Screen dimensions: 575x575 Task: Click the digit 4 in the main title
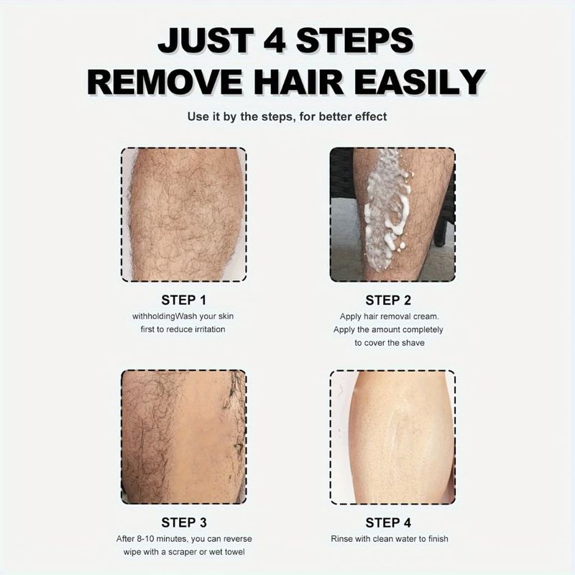pyautogui.click(x=275, y=40)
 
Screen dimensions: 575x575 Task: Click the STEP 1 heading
pyautogui.click(x=184, y=300)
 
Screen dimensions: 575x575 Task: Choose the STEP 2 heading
pyautogui.click(x=388, y=300)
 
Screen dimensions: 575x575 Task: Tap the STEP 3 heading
pyautogui.click(x=184, y=523)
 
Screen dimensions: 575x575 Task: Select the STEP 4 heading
pyautogui.click(x=388, y=523)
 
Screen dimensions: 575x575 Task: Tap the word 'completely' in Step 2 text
pyautogui.click(x=423, y=330)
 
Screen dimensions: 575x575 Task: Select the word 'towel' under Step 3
pyautogui.click(x=235, y=552)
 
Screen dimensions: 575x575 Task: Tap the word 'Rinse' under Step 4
pyautogui.click(x=341, y=538)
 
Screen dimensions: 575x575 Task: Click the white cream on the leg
pyautogui.click(x=387, y=209)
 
